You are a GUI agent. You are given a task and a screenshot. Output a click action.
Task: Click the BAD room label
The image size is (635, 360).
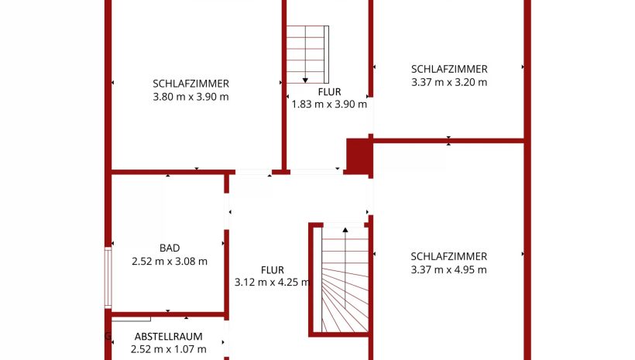(x=170, y=248)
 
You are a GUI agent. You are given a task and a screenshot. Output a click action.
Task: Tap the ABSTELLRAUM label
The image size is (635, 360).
(x=169, y=337)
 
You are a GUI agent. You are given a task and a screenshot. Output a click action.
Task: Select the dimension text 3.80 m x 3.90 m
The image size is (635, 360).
(x=190, y=97)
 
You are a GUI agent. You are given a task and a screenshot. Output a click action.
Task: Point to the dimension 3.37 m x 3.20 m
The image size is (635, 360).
(x=449, y=82)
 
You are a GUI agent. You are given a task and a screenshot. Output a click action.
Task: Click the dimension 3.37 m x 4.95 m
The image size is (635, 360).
(x=448, y=269)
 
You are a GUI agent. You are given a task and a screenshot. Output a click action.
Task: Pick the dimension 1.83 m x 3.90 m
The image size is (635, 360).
(x=329, y=104)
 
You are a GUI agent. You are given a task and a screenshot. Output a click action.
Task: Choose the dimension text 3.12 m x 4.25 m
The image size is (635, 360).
(x=273, y=283)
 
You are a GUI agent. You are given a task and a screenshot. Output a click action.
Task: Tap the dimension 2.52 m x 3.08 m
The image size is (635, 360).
(x=170, y=261)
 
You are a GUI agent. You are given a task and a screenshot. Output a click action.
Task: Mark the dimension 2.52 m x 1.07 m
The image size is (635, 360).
(x=169, y=349)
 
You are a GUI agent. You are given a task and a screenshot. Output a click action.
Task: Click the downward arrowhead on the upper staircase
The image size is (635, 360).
(x=305, y=81)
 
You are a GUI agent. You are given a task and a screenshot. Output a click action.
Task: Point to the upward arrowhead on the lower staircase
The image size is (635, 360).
(x=345, y=230)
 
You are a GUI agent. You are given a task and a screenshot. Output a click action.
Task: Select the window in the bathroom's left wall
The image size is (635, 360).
(x=108, y=277)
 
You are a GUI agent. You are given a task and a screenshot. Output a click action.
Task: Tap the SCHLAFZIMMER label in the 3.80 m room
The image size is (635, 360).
(x=190, y=84)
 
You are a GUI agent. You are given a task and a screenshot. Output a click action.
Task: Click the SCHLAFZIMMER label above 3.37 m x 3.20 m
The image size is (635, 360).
(x=449, y=69)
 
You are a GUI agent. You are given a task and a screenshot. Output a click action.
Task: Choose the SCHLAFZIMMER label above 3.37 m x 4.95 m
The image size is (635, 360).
(x=448, y=256)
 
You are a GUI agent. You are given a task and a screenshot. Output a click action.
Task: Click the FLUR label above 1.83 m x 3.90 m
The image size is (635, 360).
(x=329, y=92)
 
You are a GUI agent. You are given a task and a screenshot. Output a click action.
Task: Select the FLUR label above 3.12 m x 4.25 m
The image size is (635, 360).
(x=272, y=270)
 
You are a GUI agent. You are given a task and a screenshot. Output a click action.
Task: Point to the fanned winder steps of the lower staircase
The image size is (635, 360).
(x=345, y=300)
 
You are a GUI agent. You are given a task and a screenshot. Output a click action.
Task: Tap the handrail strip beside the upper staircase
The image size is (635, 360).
(x=327, y=54)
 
